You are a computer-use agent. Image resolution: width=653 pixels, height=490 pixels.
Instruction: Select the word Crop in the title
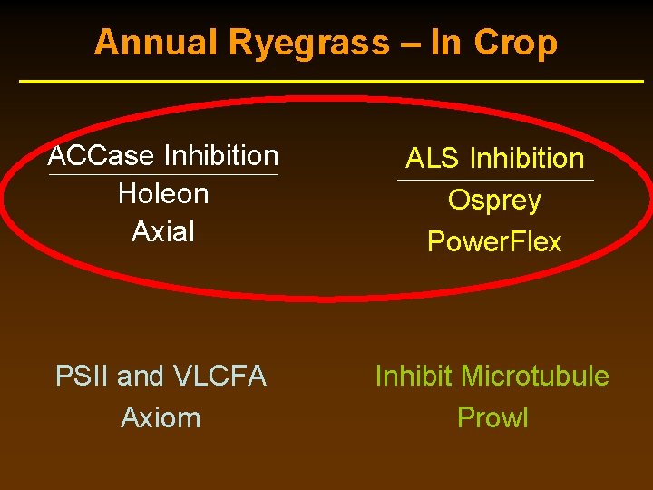coord(517,43)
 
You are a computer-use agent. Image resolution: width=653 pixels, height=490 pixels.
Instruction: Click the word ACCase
coord(101,156)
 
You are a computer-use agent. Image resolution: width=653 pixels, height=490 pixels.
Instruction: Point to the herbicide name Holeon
coord(163,193)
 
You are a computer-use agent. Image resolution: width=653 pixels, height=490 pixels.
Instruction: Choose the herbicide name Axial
coord(163,231)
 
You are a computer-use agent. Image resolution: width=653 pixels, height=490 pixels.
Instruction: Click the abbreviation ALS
coord(434,159)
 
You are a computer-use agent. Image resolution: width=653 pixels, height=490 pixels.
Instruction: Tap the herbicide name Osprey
coord(494,201)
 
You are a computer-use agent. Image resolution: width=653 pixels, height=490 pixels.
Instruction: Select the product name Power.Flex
coord(494,242)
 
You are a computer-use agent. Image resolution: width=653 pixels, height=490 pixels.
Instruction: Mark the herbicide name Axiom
coord(161,417)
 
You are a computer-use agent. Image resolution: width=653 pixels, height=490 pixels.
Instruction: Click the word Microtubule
coord(535,376)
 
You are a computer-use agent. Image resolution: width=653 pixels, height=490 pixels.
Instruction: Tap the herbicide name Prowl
coord(492,417)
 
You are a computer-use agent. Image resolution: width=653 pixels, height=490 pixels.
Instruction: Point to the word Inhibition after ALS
coord(527,159)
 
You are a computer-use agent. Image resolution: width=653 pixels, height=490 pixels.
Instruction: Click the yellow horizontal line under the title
coord(331,83)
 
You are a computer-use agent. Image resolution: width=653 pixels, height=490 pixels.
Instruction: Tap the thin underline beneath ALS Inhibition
coord(495,180)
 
